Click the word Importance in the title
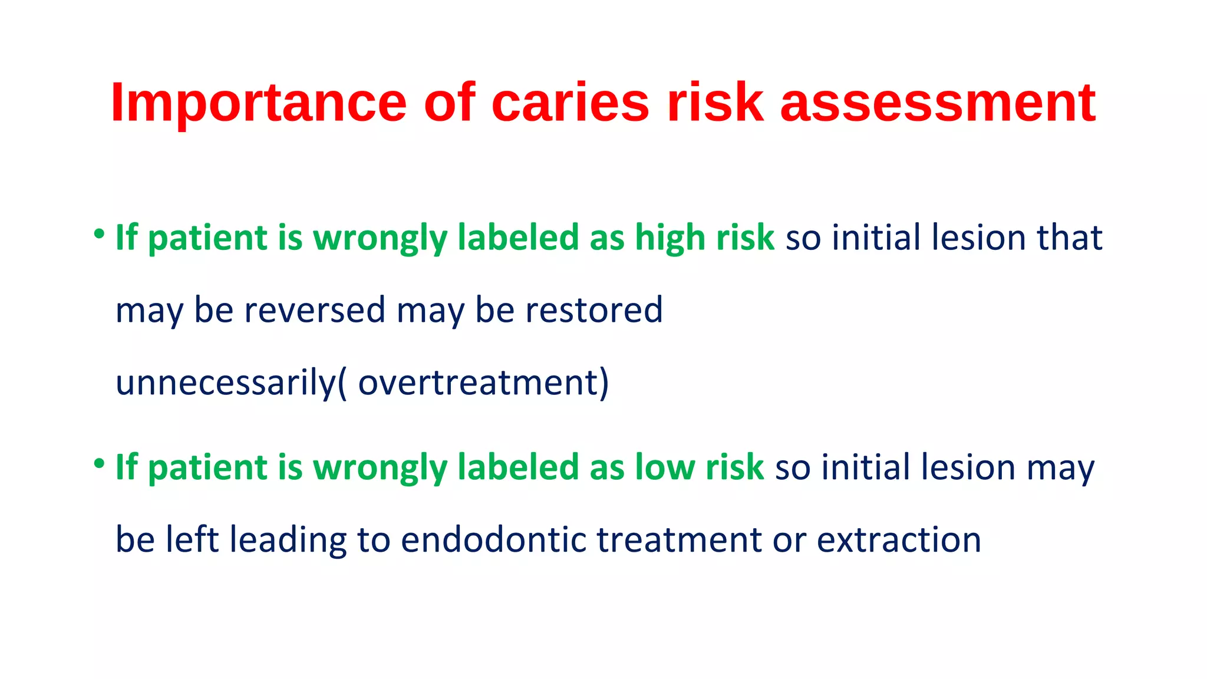coord(258,103)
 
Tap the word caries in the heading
coord(570,103)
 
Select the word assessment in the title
coord(938,103)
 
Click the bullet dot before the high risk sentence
coord(99,235)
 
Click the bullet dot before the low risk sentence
coord(99,464)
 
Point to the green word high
coord(670,238)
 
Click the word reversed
coord(315,310)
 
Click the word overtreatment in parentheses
coord(478,383)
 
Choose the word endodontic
coord(494,539)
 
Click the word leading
coord(288,539)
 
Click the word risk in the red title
coord(715,103)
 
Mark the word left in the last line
coord(192,539)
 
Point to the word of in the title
coord(449,103)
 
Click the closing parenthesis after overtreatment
coord(604,384)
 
